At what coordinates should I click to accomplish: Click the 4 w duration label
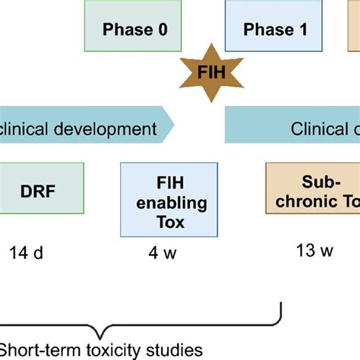(162, 252)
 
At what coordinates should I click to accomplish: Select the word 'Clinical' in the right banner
(318, 128)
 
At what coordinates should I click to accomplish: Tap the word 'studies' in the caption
(175, 349)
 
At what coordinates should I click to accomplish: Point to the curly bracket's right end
(282, 308)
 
